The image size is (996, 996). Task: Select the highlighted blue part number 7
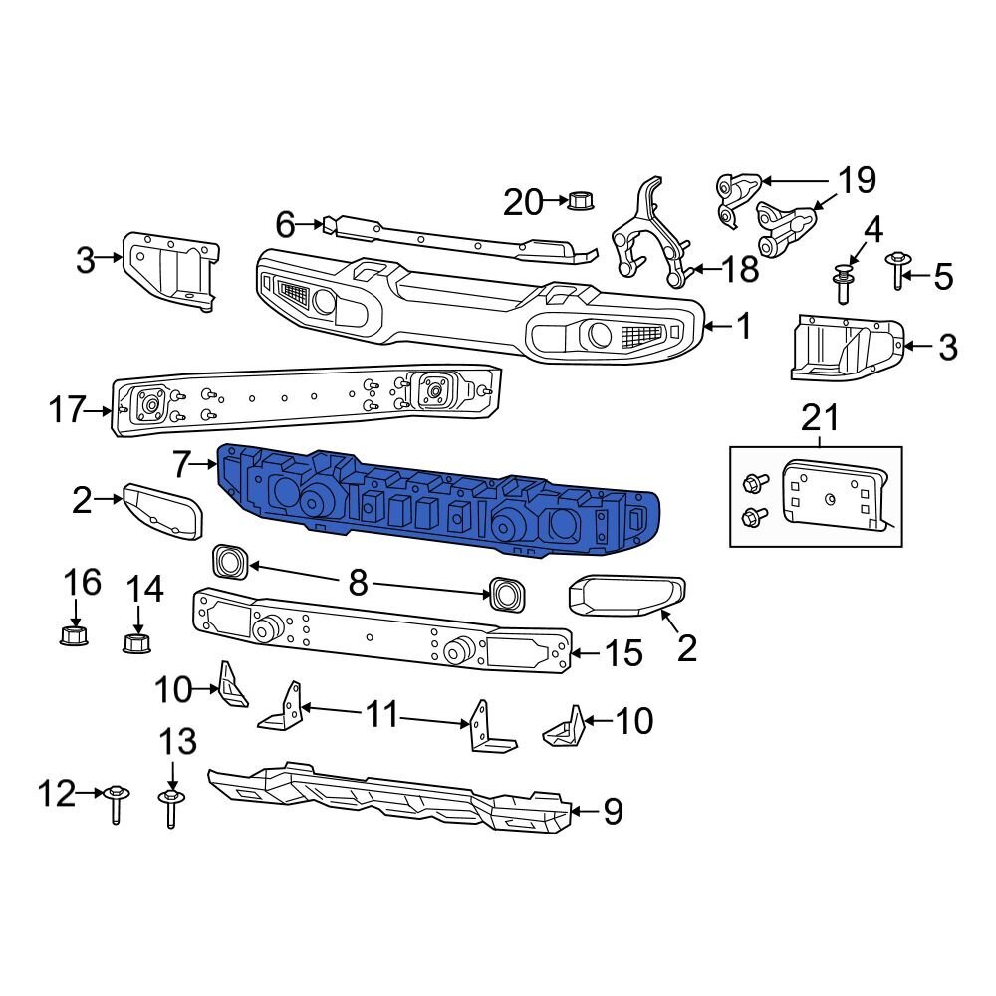[x=438, y=496]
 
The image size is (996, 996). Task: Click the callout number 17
[x=68, y=409]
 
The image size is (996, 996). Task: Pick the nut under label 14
[x=136, y=641]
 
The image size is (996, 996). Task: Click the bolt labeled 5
[x=897, y=269]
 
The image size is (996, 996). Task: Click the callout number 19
[x=856, y=181]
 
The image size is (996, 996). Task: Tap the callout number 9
[x=613, y=812]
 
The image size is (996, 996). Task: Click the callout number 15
[x=623, y=654]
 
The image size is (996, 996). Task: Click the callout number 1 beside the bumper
[x=744, y=326]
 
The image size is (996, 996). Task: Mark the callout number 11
[x=383, y=713]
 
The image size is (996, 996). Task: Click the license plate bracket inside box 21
[x=835, y=493]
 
